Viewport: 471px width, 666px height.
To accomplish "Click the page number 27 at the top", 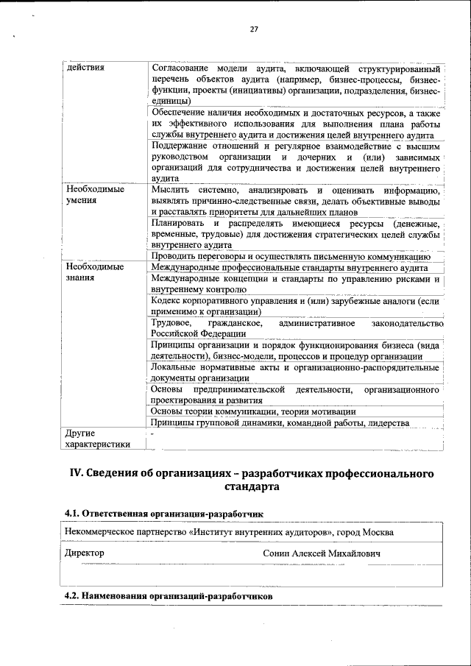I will point(254,29).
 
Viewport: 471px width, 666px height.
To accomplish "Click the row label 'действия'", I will point(85,68).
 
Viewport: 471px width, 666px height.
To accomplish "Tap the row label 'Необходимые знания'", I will point(91,273).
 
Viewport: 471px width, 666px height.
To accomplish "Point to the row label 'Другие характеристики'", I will point(96,439).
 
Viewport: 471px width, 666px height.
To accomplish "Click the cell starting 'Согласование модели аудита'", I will point(295,84).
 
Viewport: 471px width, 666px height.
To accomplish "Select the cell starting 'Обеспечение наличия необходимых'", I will point(295,124).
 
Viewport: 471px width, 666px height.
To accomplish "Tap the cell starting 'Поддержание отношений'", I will point(295,162).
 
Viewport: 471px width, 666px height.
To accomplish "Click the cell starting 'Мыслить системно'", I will point(295,200).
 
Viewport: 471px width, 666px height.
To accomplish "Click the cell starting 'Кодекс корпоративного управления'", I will point(295,306).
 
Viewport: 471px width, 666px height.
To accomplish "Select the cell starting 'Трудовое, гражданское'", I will point(295,328).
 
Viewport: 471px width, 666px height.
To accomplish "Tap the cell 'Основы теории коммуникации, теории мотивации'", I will point(253,411).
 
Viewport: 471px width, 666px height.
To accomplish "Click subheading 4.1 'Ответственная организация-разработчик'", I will point(163,512).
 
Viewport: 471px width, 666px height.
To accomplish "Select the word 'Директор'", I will point(84,552).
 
